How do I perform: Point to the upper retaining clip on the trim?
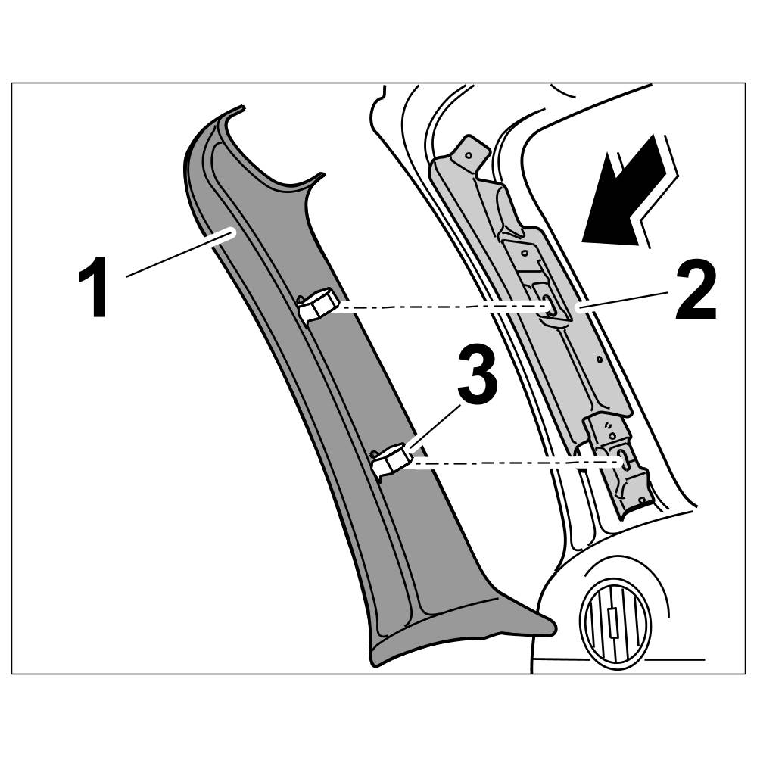tap(316, 307)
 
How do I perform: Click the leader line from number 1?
tap(178, 253)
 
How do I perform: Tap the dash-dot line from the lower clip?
tap(515, 461)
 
